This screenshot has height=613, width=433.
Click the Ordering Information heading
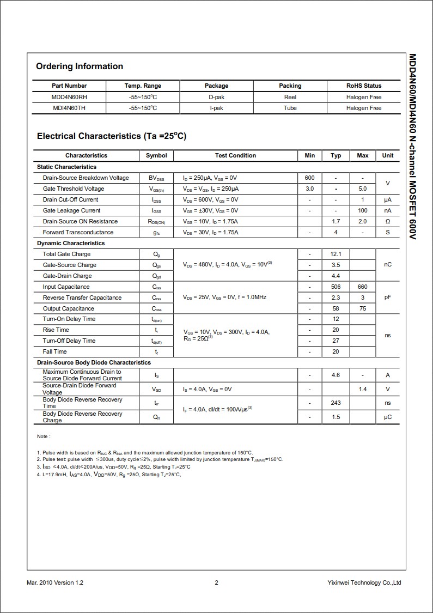80,66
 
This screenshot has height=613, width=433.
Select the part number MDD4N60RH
69,97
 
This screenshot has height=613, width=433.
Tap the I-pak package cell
216,108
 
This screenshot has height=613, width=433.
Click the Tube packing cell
290,108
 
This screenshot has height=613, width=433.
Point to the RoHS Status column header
364,86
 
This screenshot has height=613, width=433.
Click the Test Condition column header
235,155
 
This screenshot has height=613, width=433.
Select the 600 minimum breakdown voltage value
309,178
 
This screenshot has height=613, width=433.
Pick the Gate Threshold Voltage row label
74,189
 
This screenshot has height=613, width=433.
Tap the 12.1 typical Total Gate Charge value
336,254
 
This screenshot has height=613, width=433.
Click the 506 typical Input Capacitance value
336,287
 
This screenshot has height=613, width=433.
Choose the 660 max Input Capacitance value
362,287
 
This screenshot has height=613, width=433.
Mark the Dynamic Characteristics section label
71,243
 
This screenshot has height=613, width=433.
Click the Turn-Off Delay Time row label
69,341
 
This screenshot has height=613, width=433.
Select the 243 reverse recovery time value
336,403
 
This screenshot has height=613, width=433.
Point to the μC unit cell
387,417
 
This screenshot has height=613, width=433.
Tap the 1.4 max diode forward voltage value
362,389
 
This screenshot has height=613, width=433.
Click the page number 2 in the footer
216,582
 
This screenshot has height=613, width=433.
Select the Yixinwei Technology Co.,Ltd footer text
364,582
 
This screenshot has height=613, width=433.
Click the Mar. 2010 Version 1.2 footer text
55,582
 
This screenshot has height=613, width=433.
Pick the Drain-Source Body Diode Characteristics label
94,362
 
